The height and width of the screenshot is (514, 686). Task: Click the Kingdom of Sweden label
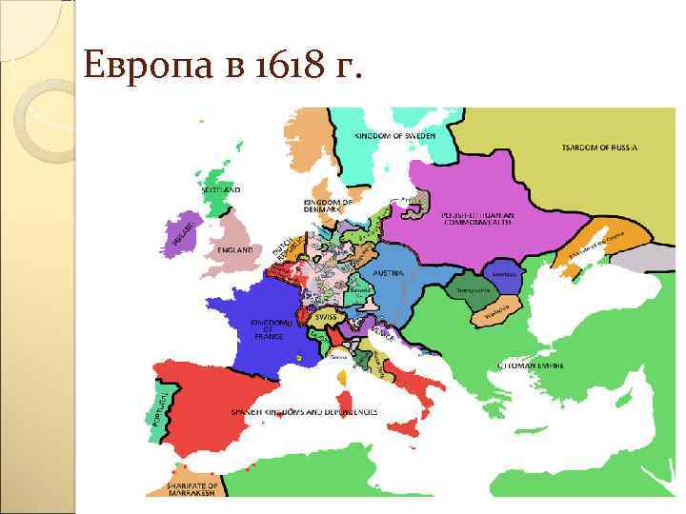[x=395, y=137]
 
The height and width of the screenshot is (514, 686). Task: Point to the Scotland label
[x=221, y=190]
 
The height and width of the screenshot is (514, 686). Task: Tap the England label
[x=235, y=249]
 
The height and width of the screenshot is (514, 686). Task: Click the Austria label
[x=390, y=273]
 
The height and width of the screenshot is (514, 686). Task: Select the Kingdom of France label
[x=270, y=328]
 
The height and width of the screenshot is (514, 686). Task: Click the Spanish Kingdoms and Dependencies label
[x=304, y=412]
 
